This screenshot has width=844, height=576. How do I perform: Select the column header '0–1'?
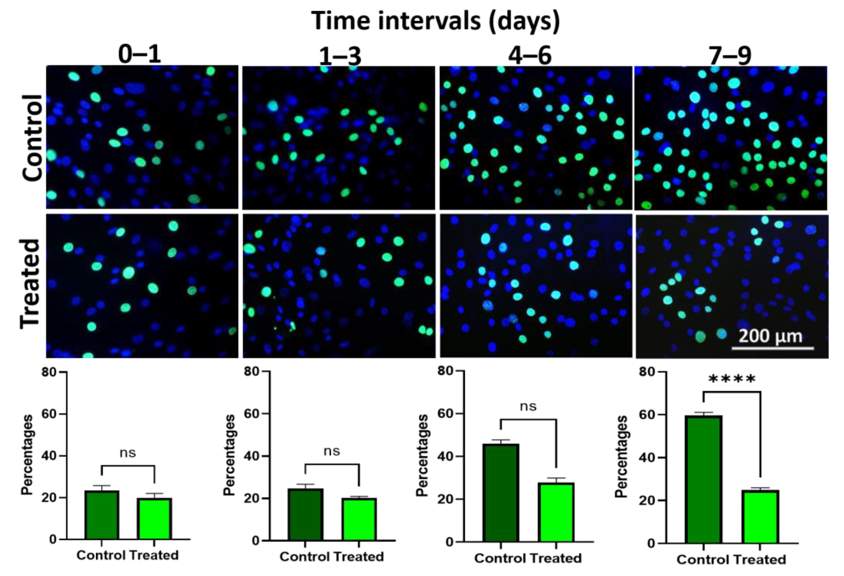(140, 55)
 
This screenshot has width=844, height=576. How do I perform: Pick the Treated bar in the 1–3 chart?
(359, 519)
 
